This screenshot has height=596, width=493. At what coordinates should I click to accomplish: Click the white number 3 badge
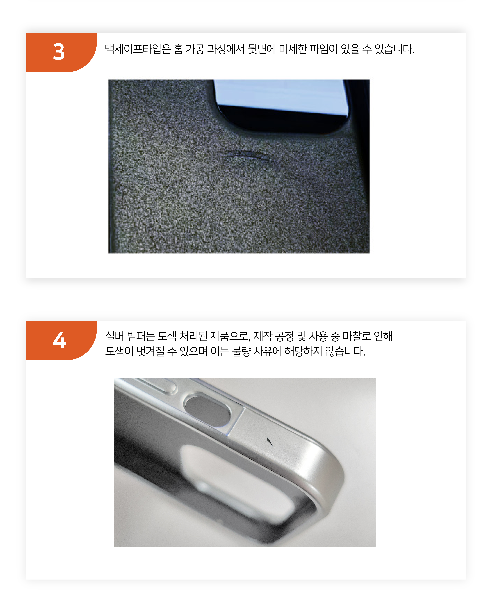[61, 52]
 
